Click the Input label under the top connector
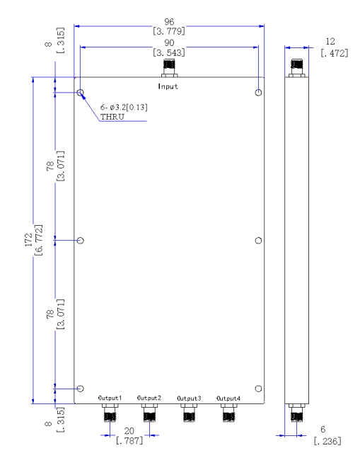pos(168,86)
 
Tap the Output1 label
pos(110,398)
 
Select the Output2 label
pos(149,398)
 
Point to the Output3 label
pos(189,398)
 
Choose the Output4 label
pos(228,398)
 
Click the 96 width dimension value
pos(169,22)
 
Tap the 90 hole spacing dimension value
pos(169,42)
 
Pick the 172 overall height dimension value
pos(28,240)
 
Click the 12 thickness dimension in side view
pos(330,42)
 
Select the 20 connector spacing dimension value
pos(129,431)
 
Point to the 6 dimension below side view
pos(323,430)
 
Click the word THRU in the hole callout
pos(112,117)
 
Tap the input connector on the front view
pos(170,68)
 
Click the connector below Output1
pos(110,413)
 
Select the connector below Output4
pos(229,413)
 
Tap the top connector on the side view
pos(297,68)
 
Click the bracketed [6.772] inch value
pos(38,240)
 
